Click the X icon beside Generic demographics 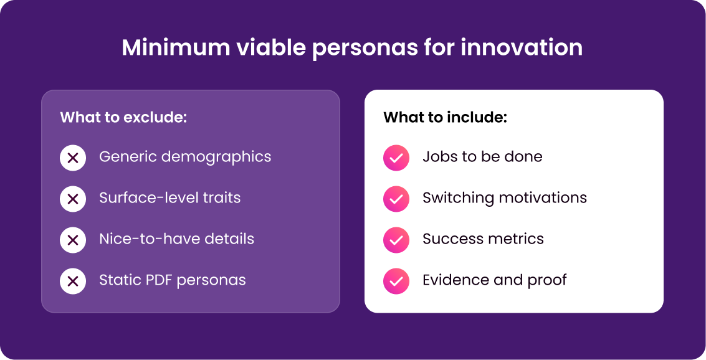(73, 158)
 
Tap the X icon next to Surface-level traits (73, 199)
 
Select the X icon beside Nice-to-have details (73, 240)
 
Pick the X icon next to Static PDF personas (73, 282)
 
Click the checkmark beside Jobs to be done (396, 158)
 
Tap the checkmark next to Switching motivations (396, 199)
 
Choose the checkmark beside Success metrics (396, 240)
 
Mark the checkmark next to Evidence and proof (396, 282)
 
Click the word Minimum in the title (176, 47)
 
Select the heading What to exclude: (123, 118)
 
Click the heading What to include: (446, 118)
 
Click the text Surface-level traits (169, 198)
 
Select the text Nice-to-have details (176, 239)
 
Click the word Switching (459, 199)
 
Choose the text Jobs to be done (482, 156)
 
